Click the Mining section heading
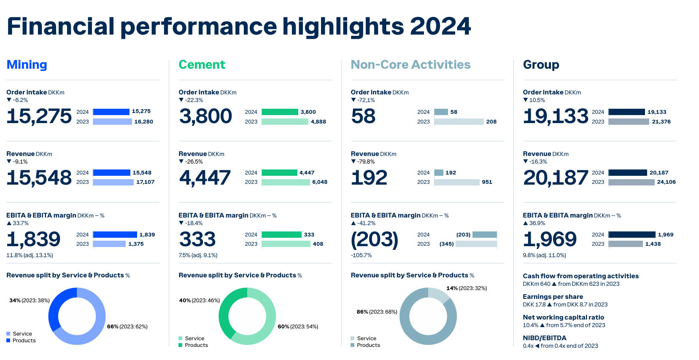(27, 64)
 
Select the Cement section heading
(202, 64)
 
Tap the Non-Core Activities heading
(410, 64)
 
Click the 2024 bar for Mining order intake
(111, 112)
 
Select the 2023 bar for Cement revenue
(286, 182)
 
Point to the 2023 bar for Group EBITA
(626, 244)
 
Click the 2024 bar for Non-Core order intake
(441, 112)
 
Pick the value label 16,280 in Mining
(143, 122)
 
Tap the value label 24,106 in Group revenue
(666, 182)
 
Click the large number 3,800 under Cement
(205, 116)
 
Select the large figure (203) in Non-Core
(374, 239)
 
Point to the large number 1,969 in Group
(550, 239)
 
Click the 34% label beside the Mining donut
(15, 301)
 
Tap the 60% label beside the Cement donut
(283, 327)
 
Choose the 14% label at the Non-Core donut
(452, 288)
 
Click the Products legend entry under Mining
(24, 341)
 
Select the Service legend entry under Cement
(194, 339)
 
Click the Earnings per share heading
(553, 297)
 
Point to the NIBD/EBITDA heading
(545, 338)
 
